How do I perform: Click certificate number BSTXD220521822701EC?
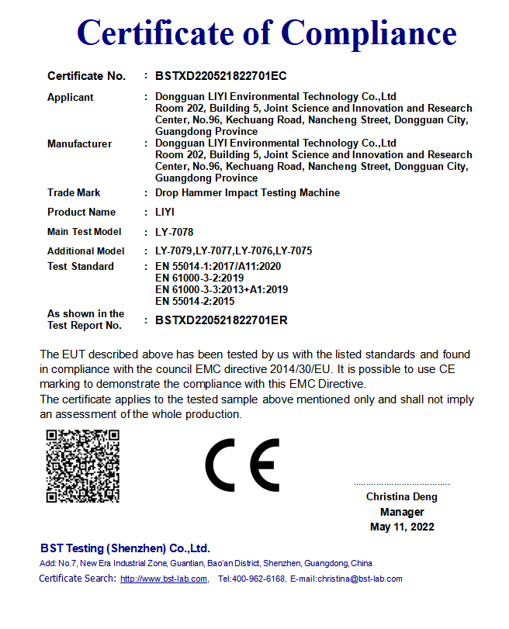click(x=221, y=76)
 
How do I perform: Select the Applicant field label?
click(x=71, y=98)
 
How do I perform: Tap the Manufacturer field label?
click(x=79, y=144)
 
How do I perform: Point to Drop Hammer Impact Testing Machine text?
click(x=248, y=193)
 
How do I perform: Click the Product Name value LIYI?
click(x=165, y=213)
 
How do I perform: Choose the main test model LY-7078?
click(x=175, y=232)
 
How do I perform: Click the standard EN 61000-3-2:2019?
click(x=200, y=278)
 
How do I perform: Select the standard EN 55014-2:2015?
click(x=195, y=301)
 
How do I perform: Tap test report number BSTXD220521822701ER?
click(x=221, y=320)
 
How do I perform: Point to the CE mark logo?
click(x=242, y=465)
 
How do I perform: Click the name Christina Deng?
click(x=402, y=497)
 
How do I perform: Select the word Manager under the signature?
click(x=402, y=512)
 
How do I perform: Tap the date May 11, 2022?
click(x=402, y=527)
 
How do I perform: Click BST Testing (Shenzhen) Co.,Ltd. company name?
click(x=125, y=548)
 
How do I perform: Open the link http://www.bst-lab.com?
click(x=164, y=579)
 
